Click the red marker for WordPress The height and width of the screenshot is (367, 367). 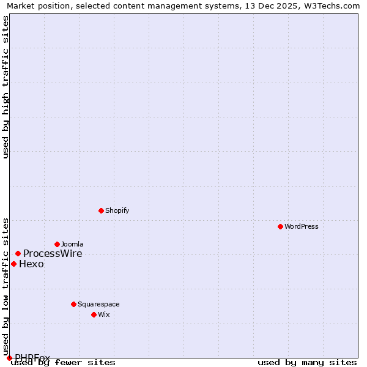pos(280,226)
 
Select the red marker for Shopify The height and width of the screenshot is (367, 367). pos(101,210)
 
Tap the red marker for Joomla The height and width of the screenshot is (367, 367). pos(57,244)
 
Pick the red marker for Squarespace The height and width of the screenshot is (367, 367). pos(73,304)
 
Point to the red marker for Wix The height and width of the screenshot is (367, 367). pos(94,314)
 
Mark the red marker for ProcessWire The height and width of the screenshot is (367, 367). pos(18,253)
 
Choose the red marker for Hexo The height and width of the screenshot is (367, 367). pos(13,264)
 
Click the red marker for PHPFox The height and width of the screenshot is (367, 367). pos(9,358)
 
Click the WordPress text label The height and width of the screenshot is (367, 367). pos(302,226)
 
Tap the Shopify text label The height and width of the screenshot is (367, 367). pos(117,210)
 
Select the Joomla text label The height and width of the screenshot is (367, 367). pos(72,244)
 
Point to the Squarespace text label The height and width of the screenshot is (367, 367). pos(98,304)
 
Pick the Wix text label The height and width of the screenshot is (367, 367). pos(103,314)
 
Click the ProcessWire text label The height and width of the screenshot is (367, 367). pos(53,254)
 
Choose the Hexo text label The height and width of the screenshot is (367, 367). pos(31,264)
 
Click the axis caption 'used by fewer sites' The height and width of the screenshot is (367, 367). pos(63,362)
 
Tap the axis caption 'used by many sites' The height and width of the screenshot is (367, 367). pos(307,362)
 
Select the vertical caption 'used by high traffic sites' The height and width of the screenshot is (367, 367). pos(6,87)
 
